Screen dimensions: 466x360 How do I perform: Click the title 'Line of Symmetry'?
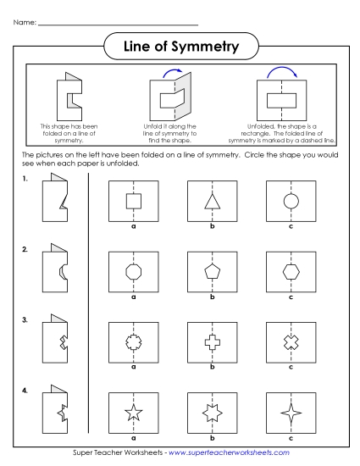[x=180, y=43]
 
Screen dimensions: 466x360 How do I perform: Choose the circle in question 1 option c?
[x=291, y=201]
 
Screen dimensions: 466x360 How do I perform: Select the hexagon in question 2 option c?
[x=291, y=270]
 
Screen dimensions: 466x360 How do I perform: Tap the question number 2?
[x=25, y=250]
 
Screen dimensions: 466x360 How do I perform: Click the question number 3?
[x=25, y=320]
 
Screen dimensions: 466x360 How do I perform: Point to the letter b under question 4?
[x=213, y=438]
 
